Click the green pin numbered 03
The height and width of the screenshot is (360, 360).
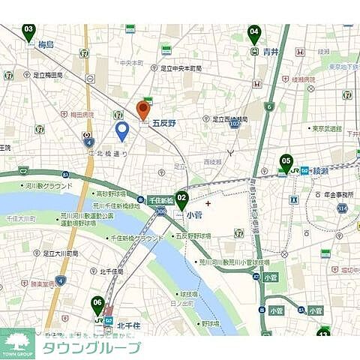(28, 31)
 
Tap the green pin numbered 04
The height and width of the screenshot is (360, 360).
(254, 34)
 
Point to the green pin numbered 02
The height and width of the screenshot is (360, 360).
(181, 199)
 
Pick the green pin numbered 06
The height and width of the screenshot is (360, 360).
(97, 304)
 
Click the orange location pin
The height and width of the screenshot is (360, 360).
(143, 109)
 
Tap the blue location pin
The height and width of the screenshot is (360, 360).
(121, 131)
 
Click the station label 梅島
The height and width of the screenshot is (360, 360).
(46, 46)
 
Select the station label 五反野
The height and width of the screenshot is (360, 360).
(163, 122)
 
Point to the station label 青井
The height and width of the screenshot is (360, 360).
(271, 52)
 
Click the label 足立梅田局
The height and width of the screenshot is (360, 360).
(47, 75)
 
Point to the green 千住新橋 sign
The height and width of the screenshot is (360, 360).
(160, 200)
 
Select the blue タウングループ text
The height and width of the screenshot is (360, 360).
(91, 347)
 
